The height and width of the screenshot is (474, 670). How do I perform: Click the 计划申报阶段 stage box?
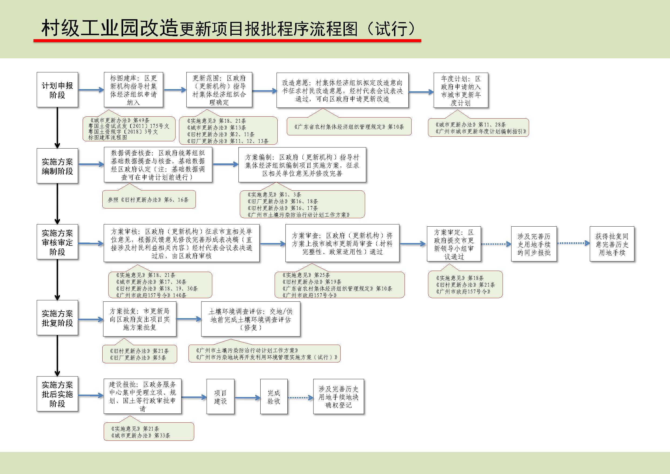(x=57, y=90)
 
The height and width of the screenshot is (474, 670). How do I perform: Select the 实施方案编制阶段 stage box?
(x=57, y=166)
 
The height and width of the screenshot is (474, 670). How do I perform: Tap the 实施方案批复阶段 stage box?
(x=57, y=318)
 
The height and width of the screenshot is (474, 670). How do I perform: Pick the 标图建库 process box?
(x=133, y=90)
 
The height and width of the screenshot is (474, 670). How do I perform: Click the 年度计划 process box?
(x=461, y=90)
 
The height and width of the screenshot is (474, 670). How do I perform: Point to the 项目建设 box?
(x=220, y=396)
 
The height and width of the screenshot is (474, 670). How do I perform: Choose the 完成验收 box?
(x=274, y=396)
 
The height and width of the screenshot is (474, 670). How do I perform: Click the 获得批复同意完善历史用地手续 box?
(x=612, y=244)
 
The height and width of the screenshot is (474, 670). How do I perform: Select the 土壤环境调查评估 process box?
(x=250, y=319)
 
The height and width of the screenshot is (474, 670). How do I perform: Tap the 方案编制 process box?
(x=302, y=165)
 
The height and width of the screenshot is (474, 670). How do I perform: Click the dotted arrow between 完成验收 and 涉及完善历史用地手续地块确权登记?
(x=301, y=398)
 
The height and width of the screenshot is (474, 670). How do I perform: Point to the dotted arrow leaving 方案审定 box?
(x=496, y=244)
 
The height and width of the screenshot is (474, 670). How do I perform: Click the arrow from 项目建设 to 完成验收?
(x=247, y=398)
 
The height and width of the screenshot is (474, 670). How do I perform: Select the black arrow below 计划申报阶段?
(x=57, y=128)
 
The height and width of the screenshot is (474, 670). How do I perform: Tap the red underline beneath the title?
(x=227, y=41)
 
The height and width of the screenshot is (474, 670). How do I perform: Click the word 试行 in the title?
(x=391, y=29)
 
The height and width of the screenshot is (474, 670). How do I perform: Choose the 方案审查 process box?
(x=342, y=243)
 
